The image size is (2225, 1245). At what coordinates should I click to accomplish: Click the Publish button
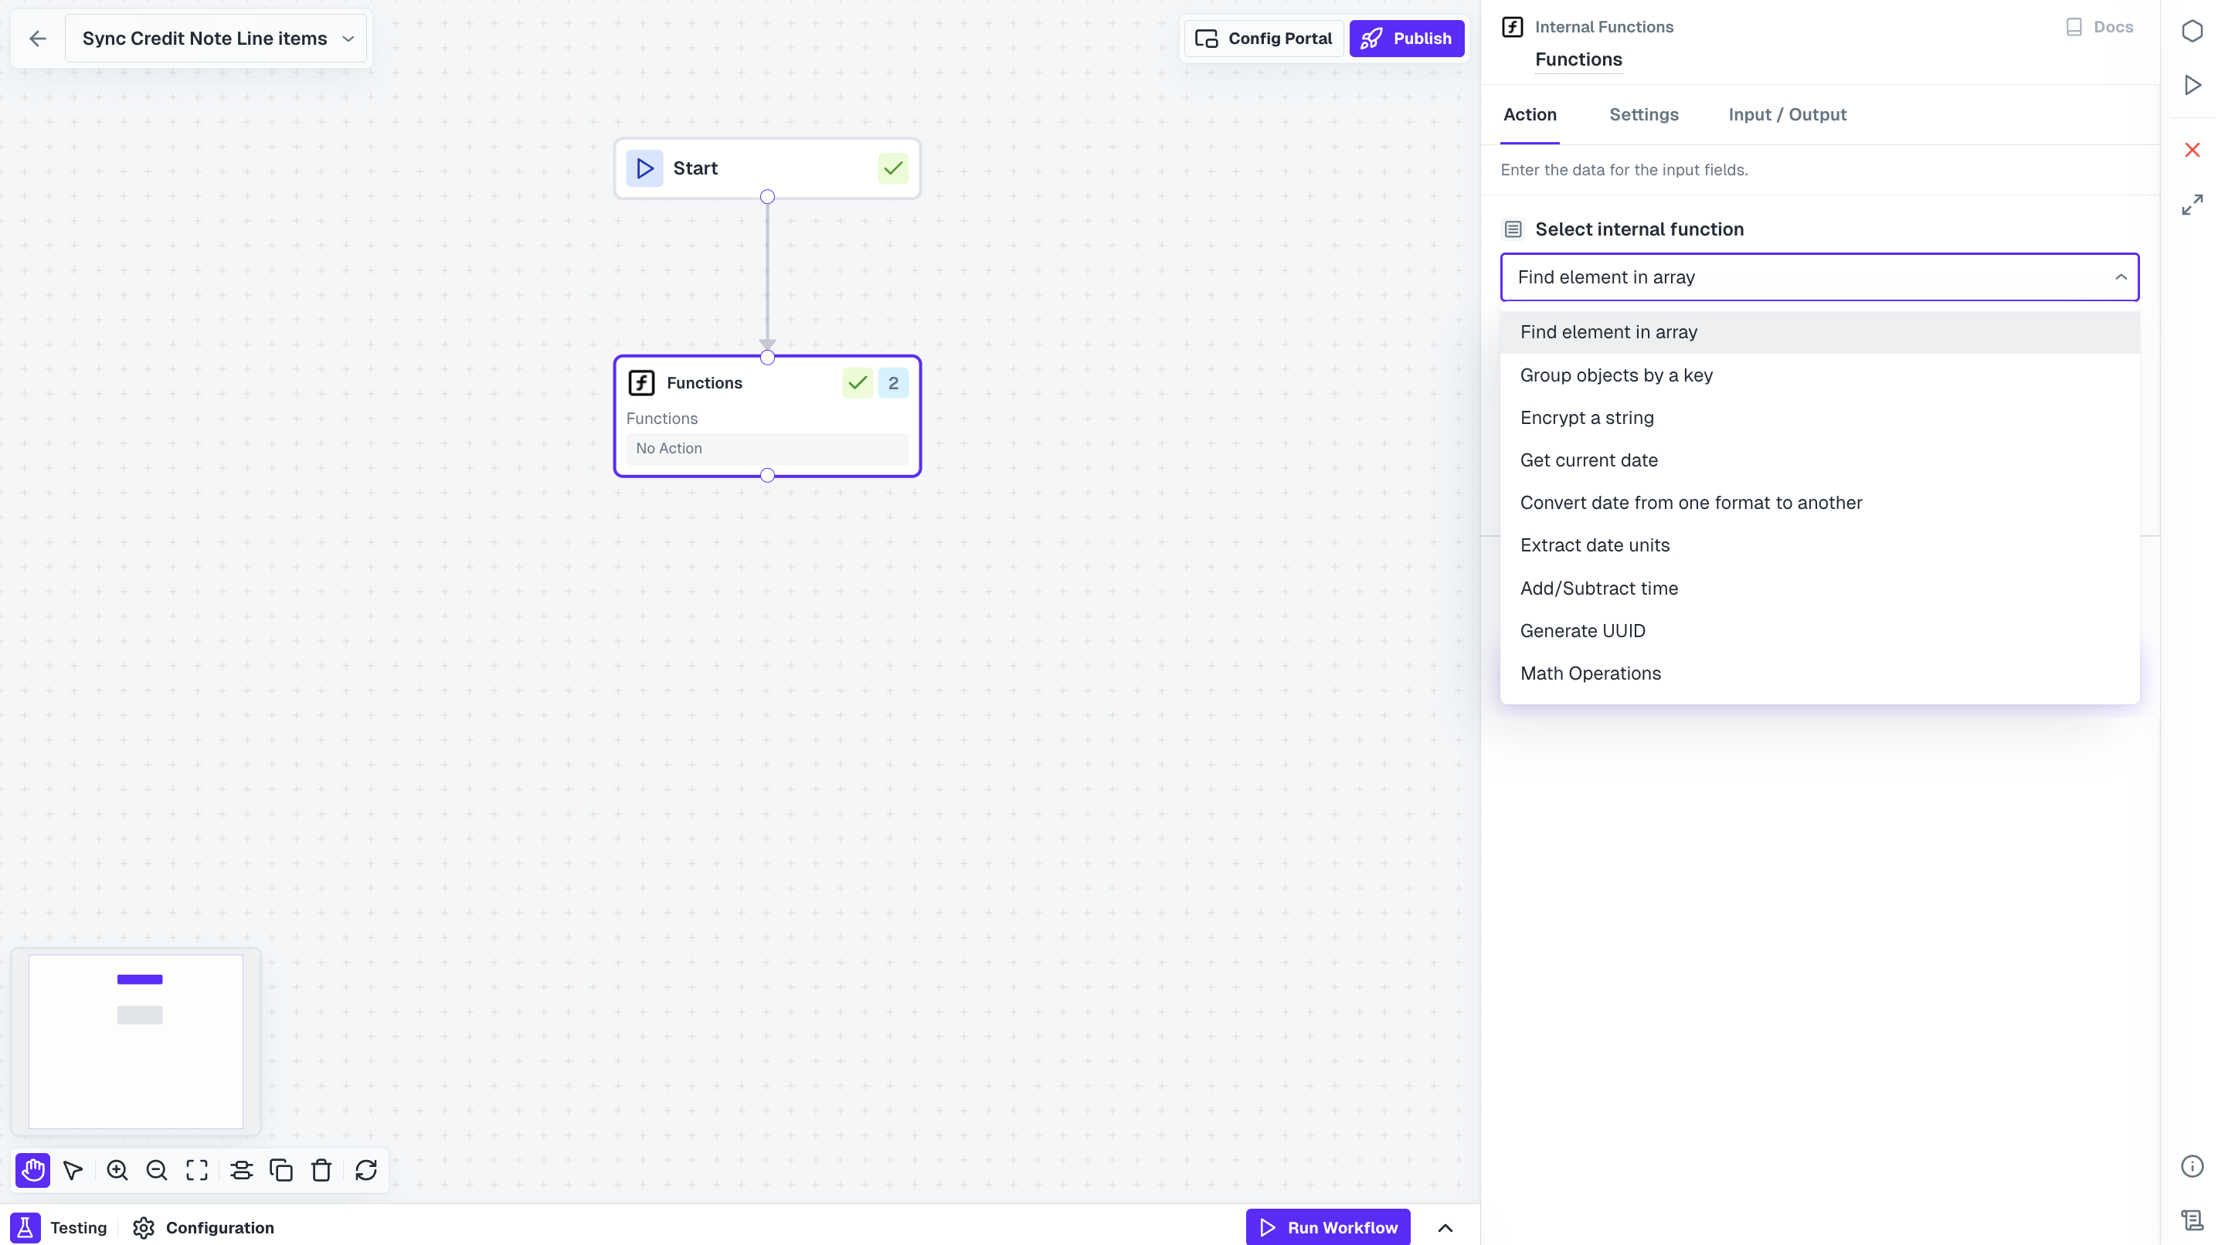(x=1406, y=39)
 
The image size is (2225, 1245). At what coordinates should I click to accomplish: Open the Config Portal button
(x=1264, y=39)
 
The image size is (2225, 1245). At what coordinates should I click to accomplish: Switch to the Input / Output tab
(x=1787, y=115)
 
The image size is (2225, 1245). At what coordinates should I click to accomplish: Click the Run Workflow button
(x=1327, y=1227)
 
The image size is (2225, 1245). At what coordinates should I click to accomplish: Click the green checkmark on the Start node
(x=893, y=168)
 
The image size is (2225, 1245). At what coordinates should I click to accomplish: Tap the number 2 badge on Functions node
(x=893, y=382)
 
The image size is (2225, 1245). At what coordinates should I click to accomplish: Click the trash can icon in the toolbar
(x=321, y=1170)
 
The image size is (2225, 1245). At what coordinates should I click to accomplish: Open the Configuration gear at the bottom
(x=144, y=1228)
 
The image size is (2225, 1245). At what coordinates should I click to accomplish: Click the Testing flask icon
(x=25, y=1228)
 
